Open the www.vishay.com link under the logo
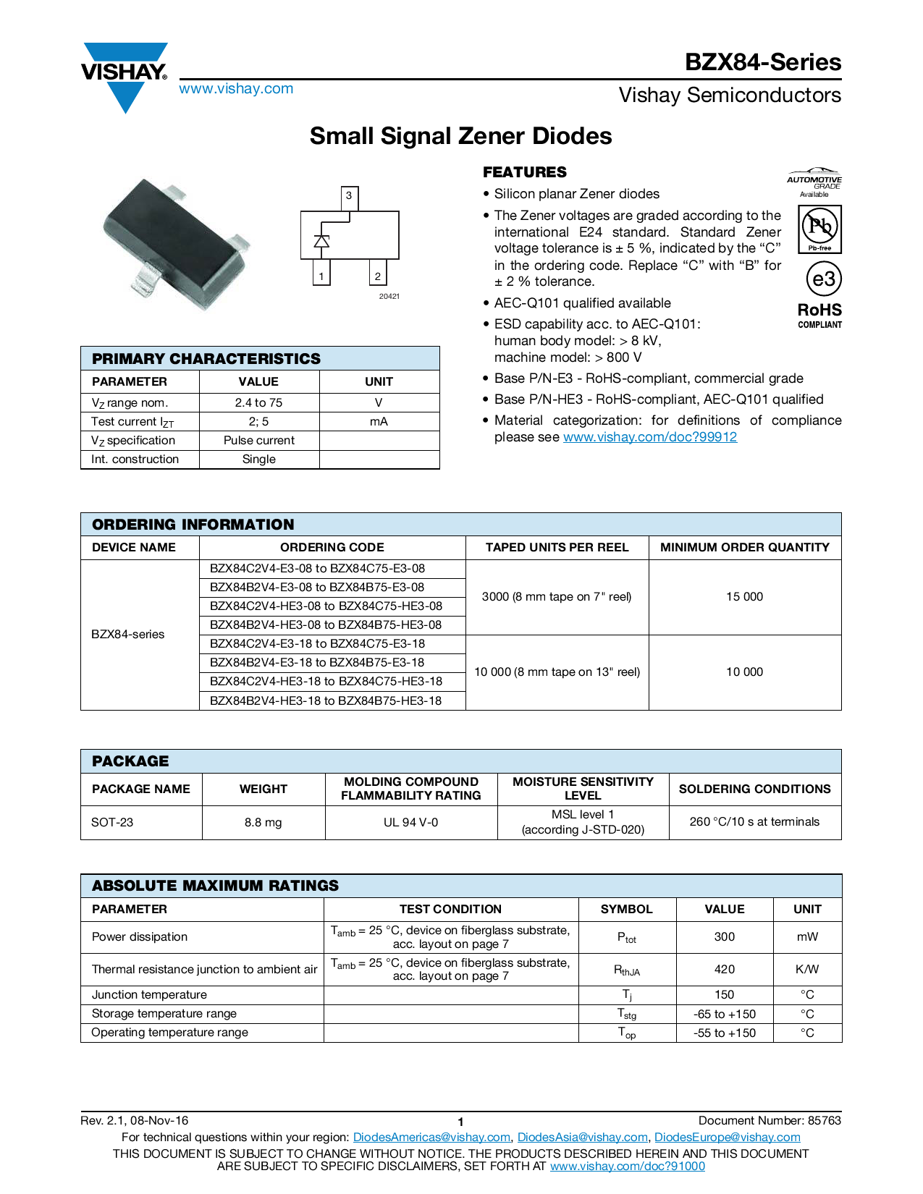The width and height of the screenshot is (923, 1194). (x=236, y=89)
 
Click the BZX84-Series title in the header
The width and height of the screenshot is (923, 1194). (x=763, y=62)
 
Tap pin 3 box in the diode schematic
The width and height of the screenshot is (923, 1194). (x=349, y=196)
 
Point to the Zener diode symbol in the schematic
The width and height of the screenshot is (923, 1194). (x=321, y=241)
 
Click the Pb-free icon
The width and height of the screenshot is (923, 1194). (x=819, y=229)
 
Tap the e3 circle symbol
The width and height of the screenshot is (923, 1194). (x=824, y=279)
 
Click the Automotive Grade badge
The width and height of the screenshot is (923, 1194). (x=814, y=182)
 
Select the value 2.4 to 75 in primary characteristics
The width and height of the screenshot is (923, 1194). (x=258, y=403)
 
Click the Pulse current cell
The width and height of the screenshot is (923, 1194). (x=258, y=441)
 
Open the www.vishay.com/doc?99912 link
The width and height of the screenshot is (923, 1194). (x=649, y=437)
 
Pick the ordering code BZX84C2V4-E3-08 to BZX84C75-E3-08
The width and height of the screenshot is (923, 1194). (x=317, y=569)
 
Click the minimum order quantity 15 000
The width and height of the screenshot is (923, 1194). (x=744, y=597)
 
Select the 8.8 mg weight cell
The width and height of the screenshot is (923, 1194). (x=263, y=823)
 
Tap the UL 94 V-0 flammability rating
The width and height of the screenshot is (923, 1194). (x=410, y=823)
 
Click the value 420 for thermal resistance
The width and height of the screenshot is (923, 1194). (x=724, y=970)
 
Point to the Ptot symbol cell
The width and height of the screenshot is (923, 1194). (x=626, y=938)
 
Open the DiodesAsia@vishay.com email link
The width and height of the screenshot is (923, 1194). (x=582, y=1138)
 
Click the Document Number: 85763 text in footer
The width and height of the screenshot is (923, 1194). (x=770, y=1121)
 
